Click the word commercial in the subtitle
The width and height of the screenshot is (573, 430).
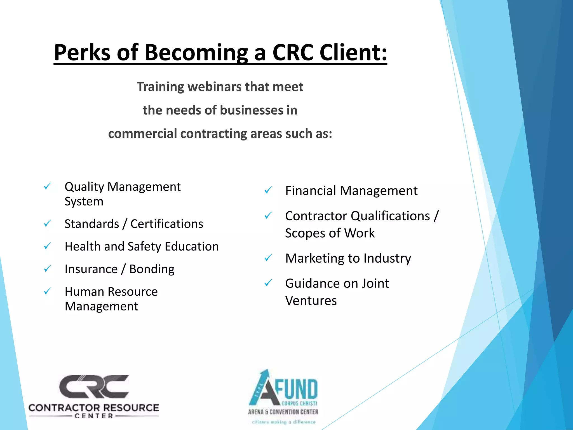coord(142,134)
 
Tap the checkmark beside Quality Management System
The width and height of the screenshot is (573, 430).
coord(47,186)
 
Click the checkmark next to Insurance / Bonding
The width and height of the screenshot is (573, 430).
coord(47,269)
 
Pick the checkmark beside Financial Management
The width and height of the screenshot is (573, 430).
coord(268,191)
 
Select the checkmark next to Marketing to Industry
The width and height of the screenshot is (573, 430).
coord(268,258)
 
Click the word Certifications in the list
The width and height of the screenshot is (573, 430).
coord(167,224)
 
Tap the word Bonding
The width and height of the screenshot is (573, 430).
coord(152,269)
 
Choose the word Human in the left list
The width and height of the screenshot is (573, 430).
coord(84,292)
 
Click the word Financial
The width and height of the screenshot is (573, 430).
coord(310,191)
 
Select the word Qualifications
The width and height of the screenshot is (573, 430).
coord(390,216)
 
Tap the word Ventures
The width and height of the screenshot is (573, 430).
coord(311,301)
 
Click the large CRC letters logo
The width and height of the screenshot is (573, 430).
coord(94,386)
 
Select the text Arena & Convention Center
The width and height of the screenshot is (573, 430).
coord(283,412)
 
